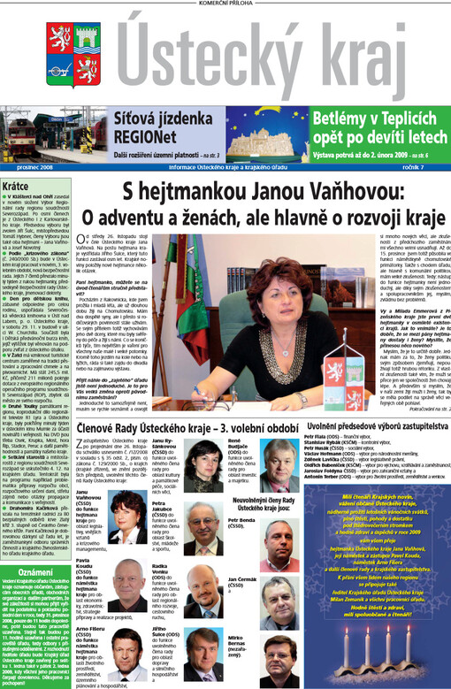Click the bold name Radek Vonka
pos(167,590)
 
